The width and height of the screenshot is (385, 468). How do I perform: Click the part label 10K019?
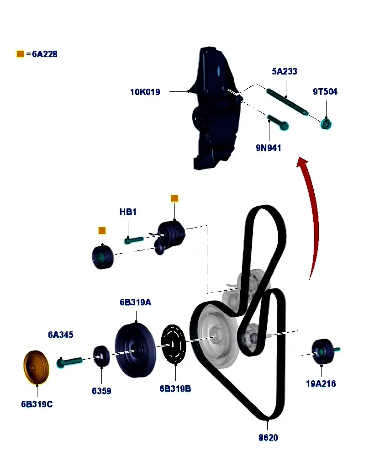(x=145, y=92)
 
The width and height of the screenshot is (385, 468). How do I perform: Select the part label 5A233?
(x=284, y=71)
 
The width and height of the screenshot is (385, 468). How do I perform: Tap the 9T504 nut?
(x=326, y=123)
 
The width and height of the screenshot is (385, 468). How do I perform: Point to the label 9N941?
(x=268, y=148)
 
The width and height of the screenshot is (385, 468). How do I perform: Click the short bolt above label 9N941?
(x=278, y=122)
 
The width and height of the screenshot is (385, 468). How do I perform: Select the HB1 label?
(x=128, y=212)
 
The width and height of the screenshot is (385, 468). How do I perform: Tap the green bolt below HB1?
(x=133, y=239)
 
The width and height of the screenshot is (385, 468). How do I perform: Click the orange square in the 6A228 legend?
(x=20, y=54)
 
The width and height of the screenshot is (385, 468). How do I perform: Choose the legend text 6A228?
(x=45, y=54)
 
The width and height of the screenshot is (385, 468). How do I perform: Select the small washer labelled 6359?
(x=101, y=356)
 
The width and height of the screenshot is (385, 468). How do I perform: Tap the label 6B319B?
(x=175, y=389)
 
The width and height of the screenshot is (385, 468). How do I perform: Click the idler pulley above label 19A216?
(x=322, y=352)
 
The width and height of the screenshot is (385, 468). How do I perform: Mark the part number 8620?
(x=268, y=437)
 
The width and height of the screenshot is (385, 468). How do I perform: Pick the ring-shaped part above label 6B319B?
(x=174, y=346)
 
